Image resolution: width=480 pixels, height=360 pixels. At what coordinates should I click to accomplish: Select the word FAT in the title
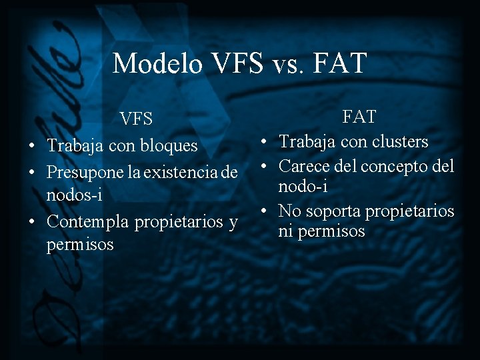point(339,64)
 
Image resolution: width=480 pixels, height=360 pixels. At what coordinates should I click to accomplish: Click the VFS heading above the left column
point(136,119)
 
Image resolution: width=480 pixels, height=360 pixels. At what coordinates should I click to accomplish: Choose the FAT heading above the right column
point(359,117)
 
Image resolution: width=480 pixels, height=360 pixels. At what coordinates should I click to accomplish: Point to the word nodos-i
point(74,195)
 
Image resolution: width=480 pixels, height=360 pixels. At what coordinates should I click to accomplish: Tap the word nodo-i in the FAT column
point(303,187)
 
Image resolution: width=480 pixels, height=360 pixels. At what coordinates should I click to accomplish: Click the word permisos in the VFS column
point(80,245)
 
